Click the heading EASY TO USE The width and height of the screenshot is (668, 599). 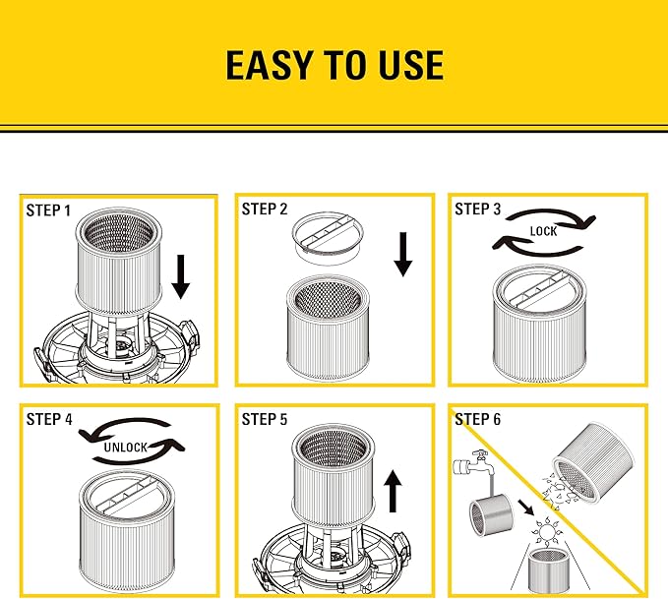[334, 65]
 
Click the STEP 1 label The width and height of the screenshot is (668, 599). [48, 210]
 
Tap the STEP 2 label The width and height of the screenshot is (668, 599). [265, 209]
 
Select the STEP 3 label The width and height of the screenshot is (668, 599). [477, 209]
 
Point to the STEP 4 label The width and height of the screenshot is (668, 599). [49, 419]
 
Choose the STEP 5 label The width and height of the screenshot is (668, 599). [265, 419]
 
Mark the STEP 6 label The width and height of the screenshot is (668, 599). [477, 419]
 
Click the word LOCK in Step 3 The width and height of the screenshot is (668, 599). [543, 232]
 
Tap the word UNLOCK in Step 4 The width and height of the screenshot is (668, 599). [124, 447]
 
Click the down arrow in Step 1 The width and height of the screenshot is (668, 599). [180, 275]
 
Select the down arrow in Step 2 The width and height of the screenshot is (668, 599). [402, 255]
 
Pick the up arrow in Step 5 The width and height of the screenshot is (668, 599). [394, 490]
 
